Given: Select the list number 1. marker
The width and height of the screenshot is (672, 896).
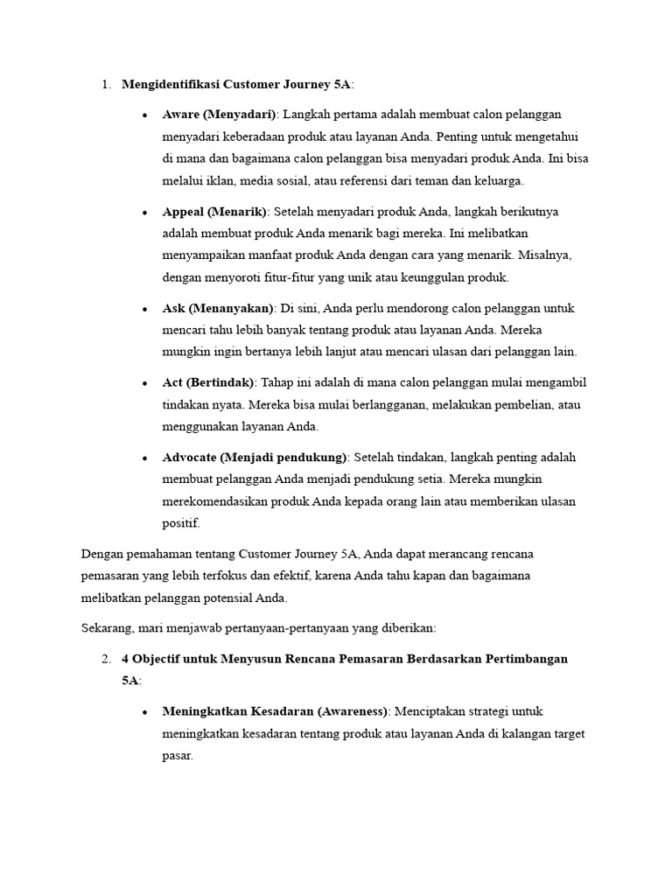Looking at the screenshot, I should (x=106, y=85).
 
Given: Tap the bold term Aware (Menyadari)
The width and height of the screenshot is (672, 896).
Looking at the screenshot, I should (x=219, y=115).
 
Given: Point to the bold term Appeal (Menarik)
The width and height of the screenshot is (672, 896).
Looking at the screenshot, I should (x=215, y=212).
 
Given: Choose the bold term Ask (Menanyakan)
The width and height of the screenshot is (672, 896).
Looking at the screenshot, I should (x=218, y=309).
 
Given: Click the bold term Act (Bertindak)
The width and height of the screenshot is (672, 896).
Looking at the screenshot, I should (x=208, y=383).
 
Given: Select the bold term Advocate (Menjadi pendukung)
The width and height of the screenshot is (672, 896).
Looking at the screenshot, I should (x=255, y=458).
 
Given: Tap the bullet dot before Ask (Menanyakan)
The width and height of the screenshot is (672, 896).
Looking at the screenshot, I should (x=143, y=310).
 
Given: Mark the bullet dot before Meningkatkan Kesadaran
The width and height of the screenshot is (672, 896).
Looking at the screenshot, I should (x=143, y=712).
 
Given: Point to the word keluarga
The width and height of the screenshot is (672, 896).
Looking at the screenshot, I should (x=498, y=181).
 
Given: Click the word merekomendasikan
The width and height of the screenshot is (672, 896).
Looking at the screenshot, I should (x=217, y=502).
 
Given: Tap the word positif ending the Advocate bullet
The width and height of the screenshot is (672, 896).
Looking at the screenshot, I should (x=181, y=524).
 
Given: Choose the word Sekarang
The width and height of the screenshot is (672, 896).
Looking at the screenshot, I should (x=108, y=629).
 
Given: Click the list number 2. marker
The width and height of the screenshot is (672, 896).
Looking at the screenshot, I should (x=106, y=659).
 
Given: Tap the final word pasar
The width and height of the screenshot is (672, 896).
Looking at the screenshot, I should (x=178, y=755).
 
